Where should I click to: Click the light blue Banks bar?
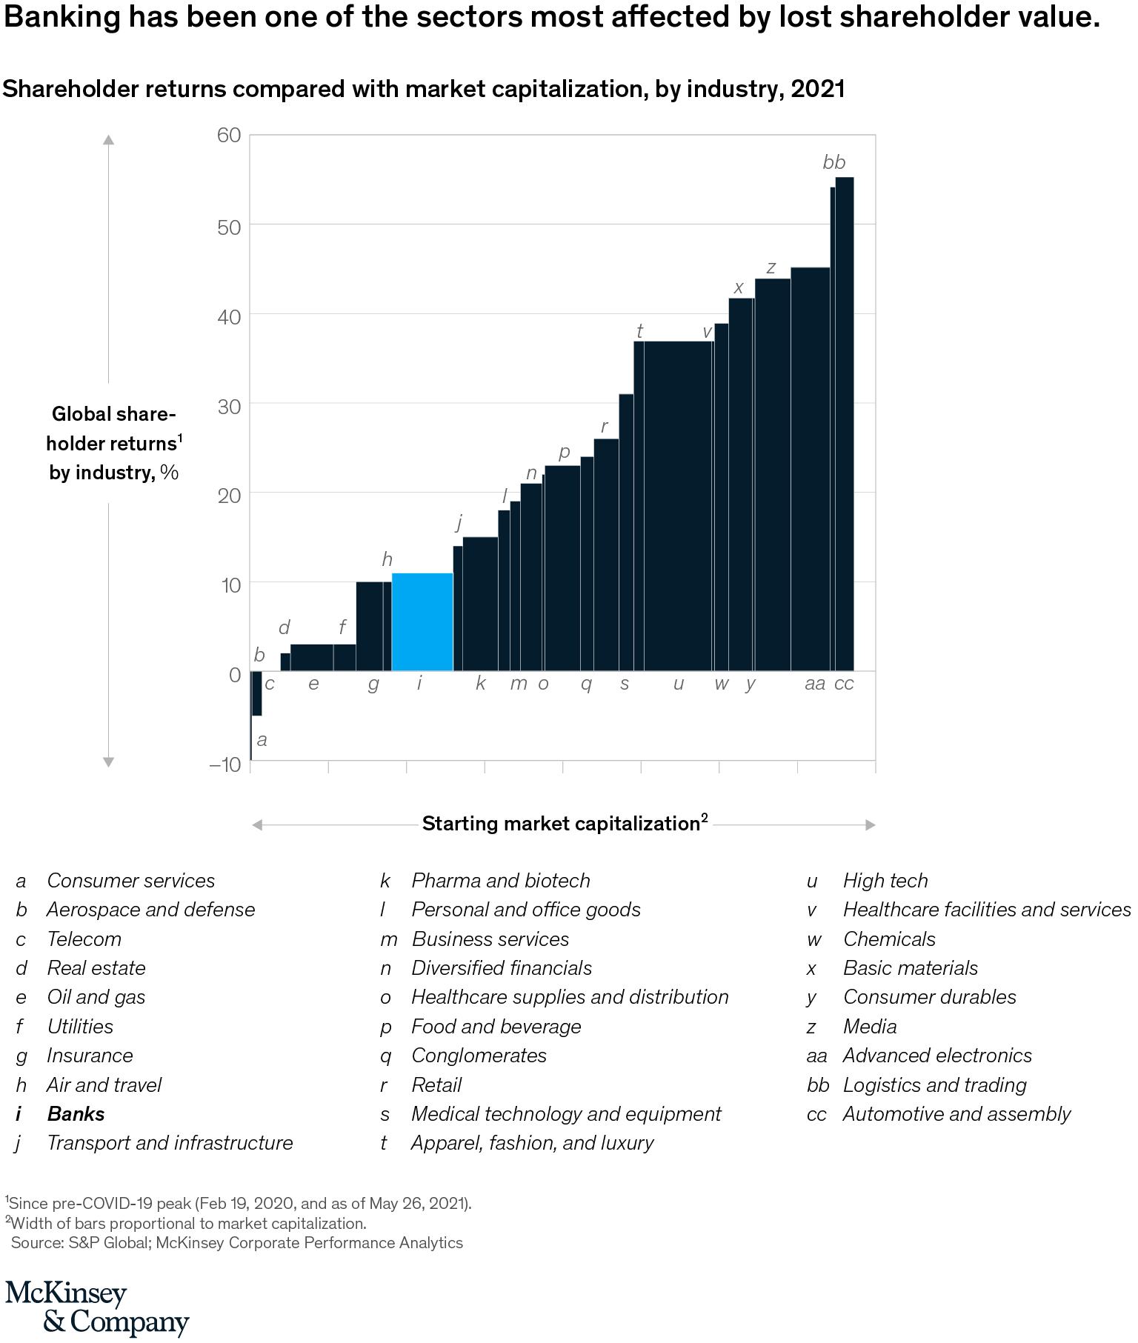click(422, 622)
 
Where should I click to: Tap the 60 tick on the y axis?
click(229, 135)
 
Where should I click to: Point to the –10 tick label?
click(226, 764)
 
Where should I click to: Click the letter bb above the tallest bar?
click(834, 162)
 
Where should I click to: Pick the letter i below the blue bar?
click(419, 683)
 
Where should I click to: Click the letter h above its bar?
click(387, 559)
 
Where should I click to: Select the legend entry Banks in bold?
click(76, 1114)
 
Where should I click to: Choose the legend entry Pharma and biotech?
click(501, 881)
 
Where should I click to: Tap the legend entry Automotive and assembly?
click(956, 1114)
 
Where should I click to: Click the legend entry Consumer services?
click(130, 881)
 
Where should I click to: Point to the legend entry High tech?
click(885, 881)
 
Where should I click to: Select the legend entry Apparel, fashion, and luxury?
click(532, 1143)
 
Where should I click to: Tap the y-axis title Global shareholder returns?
click(114, 443)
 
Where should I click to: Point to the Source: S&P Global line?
click(237, 1243)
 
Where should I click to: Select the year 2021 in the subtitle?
click(818, 89)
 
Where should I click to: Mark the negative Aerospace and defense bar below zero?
click(257, 693)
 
